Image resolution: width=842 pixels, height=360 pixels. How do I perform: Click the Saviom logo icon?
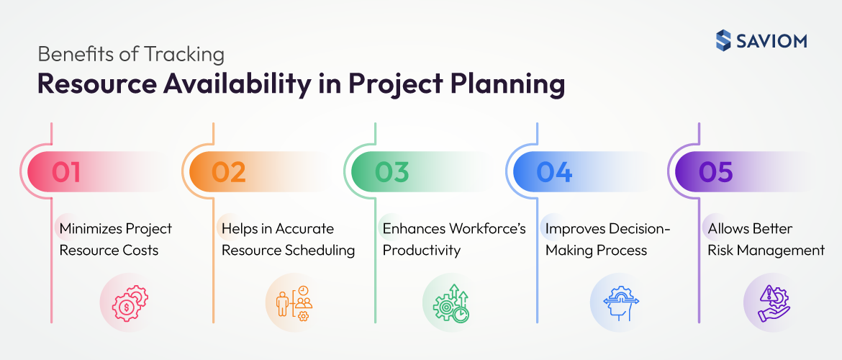(723, 40)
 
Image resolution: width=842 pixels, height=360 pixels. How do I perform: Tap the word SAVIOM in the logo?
(771, 41)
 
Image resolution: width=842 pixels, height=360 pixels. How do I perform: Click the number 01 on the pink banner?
(65, 172)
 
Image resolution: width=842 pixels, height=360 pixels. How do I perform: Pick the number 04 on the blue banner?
(554, 172)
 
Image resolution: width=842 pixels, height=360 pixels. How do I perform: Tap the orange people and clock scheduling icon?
(291, 302)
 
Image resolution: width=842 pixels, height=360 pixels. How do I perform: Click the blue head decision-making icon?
(615, 302)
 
